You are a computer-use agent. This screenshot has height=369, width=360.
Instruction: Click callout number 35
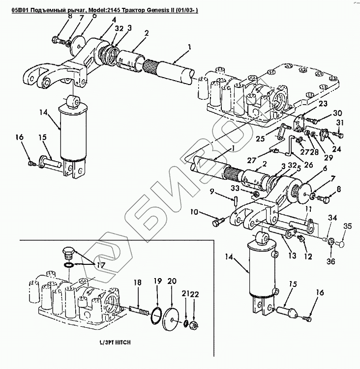click(348, 227)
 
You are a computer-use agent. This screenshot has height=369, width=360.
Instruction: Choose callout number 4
click(114, 20)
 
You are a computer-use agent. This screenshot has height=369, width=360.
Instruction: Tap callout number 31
click(339, 122)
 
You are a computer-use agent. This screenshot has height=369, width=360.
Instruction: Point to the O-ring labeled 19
click(156, 314)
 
